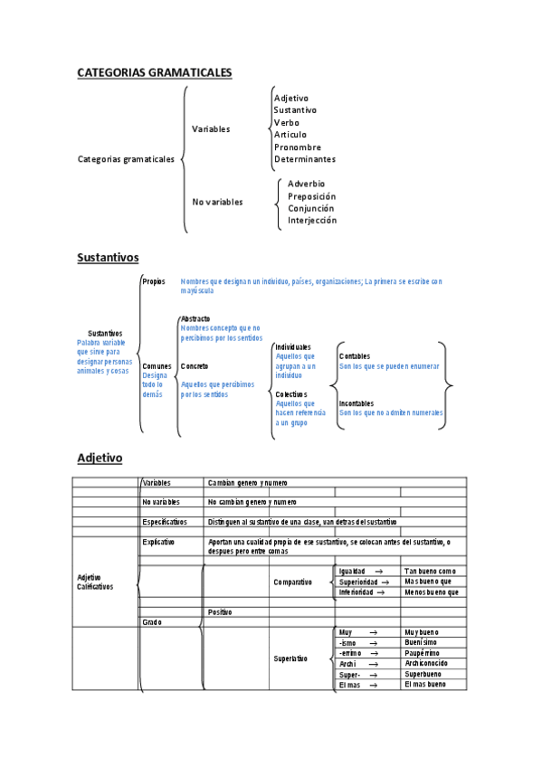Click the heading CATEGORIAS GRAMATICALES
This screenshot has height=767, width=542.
coord(155,71)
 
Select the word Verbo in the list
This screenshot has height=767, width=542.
coord(286,122)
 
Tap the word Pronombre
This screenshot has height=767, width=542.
coord(297,147)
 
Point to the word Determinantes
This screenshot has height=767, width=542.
coord(304,159)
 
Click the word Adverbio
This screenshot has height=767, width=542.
coord(306,184)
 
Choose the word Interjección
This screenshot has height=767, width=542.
coord(311,220)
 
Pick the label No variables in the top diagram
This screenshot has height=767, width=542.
coord(217,202)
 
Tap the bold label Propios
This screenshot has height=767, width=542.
coord(154,281)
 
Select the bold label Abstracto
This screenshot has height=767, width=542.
coord(195,319)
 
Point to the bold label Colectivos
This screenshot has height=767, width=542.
coord(291,394)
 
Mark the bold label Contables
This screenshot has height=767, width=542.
coord(355,356)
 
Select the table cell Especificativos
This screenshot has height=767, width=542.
coord(165,522)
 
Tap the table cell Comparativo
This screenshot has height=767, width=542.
coord(292,582)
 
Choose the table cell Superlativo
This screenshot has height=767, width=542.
coord(290,658)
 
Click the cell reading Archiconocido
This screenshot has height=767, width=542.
coord(426,663)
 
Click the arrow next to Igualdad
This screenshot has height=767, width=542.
coord(377,571)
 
